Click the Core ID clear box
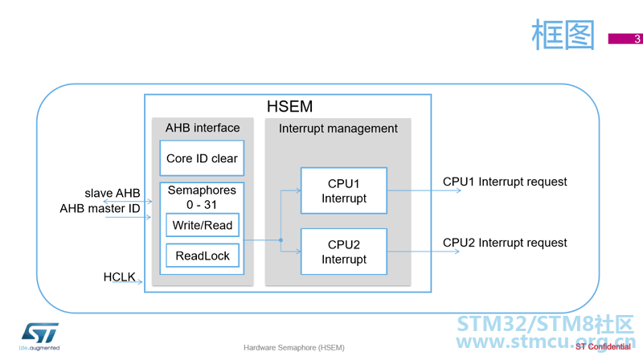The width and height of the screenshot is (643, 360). [x=202, y=158]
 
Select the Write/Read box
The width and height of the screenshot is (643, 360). [x=203, y=225]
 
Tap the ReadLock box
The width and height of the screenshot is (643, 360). [x=203, y=256]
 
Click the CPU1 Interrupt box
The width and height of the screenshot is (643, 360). [x=344, y=190]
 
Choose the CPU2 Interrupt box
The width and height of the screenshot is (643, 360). [x=344, y=252]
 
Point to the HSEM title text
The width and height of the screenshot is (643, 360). [x=289, y=107]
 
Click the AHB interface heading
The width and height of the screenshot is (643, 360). [x=203, y=128]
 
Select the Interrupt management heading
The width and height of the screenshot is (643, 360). [x=338, y=129]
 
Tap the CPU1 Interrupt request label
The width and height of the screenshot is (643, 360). [x=505, y=182]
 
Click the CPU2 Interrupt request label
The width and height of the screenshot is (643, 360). [x=505, y=243]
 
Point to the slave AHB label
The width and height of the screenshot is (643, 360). [x=113, y=193]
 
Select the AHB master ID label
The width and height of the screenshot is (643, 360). [x=100, y=209]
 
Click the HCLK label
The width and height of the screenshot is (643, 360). [x=119, y=277]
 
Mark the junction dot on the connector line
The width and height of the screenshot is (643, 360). [x=281, y=240]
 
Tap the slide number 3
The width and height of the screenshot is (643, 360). [x=637, y=39]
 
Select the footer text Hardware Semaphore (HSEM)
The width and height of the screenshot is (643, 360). [x=294, y=348]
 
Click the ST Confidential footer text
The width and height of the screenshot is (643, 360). [x=603, y=347]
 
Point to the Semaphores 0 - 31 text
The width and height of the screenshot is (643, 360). [x=202, y=197]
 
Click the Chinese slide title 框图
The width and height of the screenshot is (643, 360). [x=563, y=35]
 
